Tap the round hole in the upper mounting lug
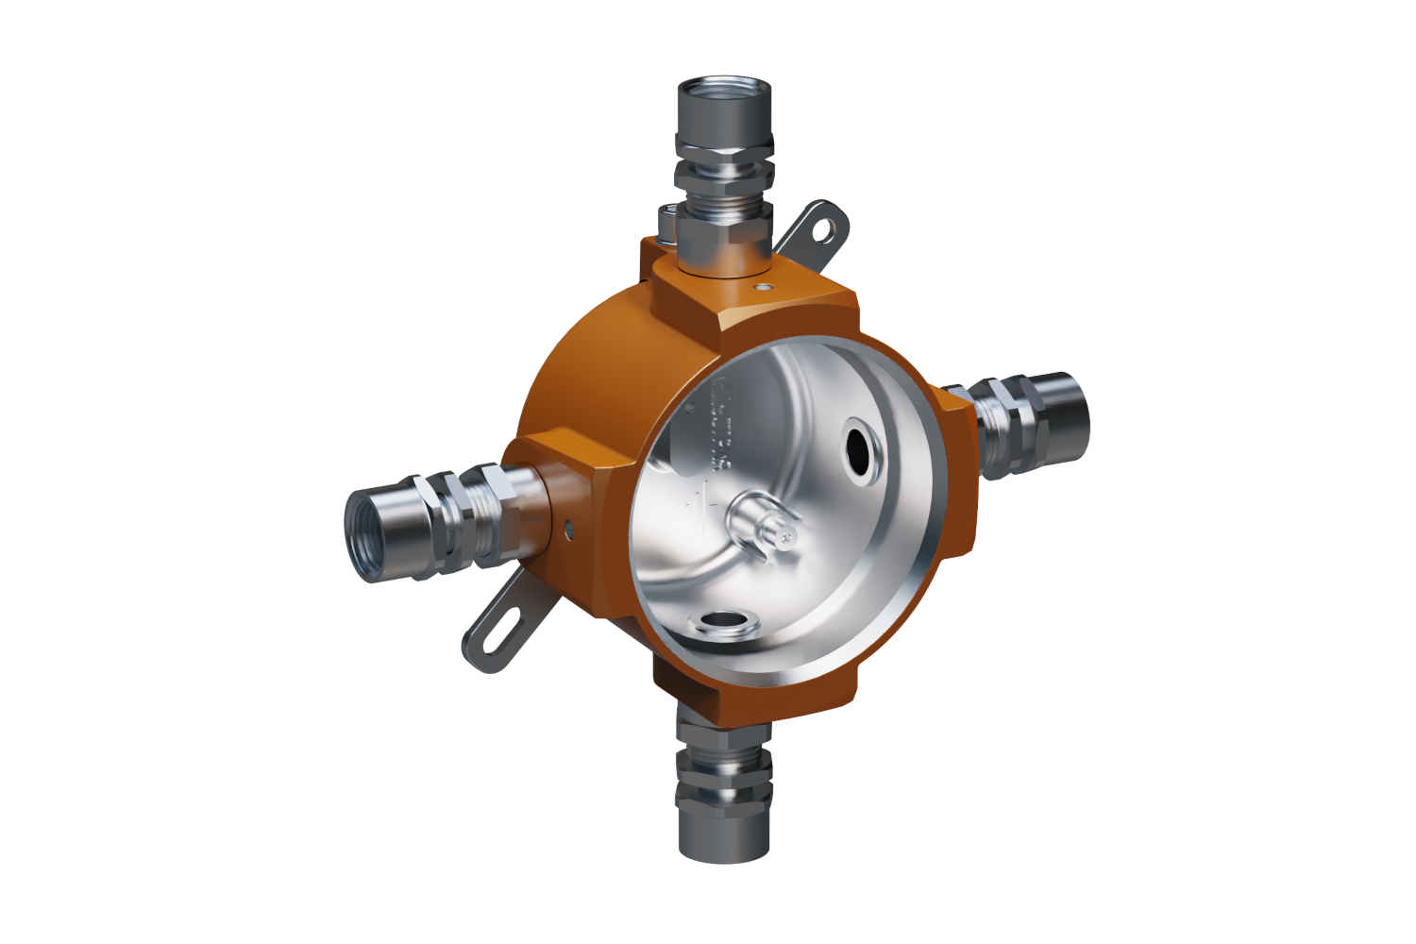coord(831,227)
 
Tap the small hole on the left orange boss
coord(569,529)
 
